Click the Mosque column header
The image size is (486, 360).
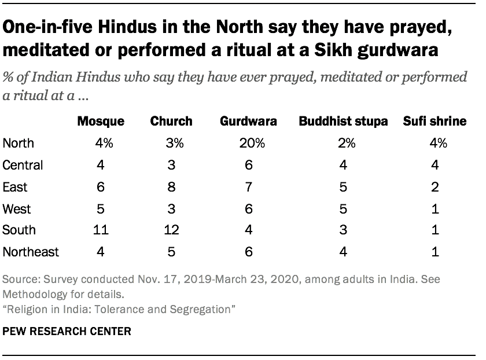point(101,122)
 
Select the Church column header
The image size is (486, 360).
point(171,122)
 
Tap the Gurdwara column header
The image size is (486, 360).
point(248,122)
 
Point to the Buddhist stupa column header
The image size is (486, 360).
point(343,122)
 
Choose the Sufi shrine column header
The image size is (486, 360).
point(435,122)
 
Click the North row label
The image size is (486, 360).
point(19,143)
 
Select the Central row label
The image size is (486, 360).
point(23,165)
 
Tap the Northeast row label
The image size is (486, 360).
point(31,252)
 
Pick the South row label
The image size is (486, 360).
point(19,230)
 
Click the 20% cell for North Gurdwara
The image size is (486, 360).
point(248,143)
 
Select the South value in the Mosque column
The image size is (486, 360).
point(101,230)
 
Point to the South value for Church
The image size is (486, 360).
point(171,230)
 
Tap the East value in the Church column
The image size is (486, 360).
point(171,186)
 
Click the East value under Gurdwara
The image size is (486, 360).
point(248,186)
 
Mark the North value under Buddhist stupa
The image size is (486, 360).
point(343,143)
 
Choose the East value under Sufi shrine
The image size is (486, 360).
point(435,186)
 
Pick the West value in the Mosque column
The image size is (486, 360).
point(101,208)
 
